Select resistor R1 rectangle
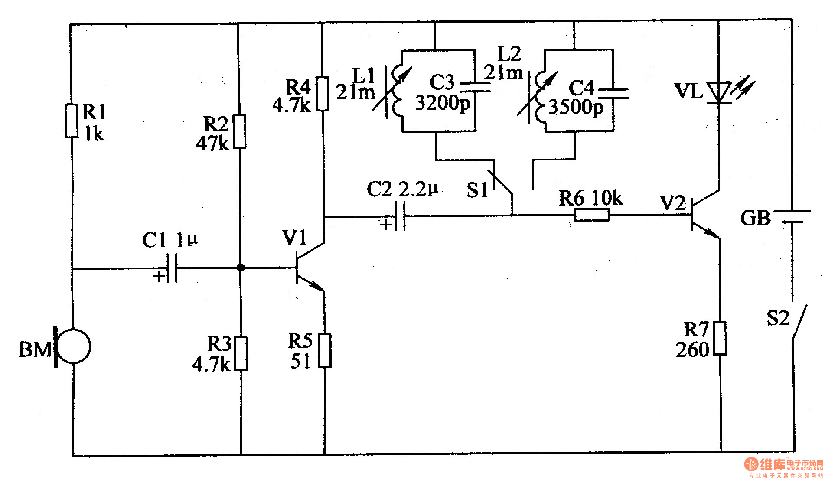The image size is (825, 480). [72, 121]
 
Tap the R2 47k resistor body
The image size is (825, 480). [239, 132]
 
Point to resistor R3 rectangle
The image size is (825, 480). [241, 353]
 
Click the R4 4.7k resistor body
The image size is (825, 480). [322, 94]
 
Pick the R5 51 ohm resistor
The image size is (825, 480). [325, 351]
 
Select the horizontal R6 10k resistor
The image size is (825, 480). [591, 215]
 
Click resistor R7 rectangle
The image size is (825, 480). [720, 338]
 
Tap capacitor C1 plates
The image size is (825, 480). [172, 268]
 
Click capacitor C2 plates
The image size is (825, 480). [401, 216]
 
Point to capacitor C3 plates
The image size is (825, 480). [475, 87]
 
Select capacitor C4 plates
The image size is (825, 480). [613, 93]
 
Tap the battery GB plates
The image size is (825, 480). [792, 216]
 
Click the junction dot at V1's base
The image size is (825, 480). [241, 268]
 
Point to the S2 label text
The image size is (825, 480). [778, 319]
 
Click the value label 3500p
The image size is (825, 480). [576, 107]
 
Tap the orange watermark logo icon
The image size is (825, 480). [751, 464]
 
